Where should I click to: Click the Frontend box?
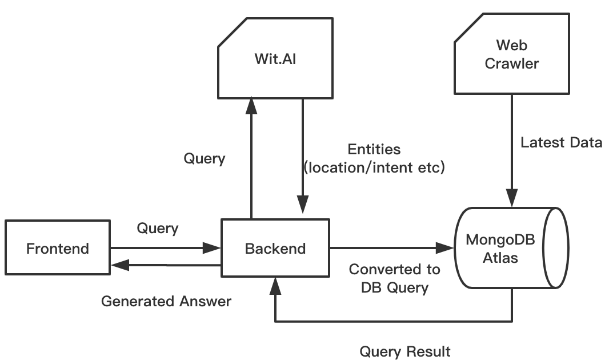point(57,248)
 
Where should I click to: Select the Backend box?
point(275,248)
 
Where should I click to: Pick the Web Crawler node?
point(511,54)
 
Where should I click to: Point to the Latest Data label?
point(561,142)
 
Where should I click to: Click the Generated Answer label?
point(166,301)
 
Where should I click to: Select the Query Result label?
point(405,351)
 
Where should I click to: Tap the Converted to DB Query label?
point(395,278)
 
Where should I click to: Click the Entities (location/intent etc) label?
point(374,159)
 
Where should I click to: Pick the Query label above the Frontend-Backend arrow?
point(158,229)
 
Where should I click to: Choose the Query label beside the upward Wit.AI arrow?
point(204,158)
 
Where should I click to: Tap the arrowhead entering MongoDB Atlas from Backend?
point(445,248)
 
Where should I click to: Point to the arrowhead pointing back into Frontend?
point(119,264)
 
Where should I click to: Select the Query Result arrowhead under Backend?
point(275,283)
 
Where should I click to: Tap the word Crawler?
point(511,63)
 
